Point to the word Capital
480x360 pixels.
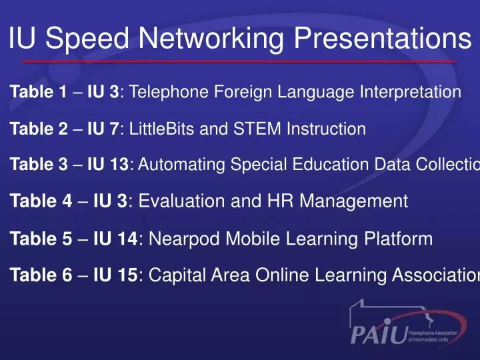(176, 274)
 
